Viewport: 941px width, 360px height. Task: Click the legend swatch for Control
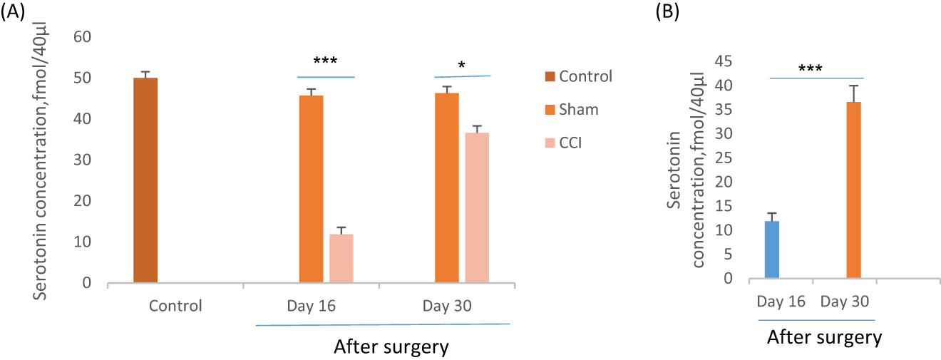(548, 77)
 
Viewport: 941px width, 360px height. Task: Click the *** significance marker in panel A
(326, 62)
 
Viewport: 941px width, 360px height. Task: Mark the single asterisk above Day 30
(462, 66)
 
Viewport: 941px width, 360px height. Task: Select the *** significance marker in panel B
(811, 69)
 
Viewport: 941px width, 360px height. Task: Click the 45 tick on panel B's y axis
(724, 61)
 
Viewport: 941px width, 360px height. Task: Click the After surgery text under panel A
(391, 347)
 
